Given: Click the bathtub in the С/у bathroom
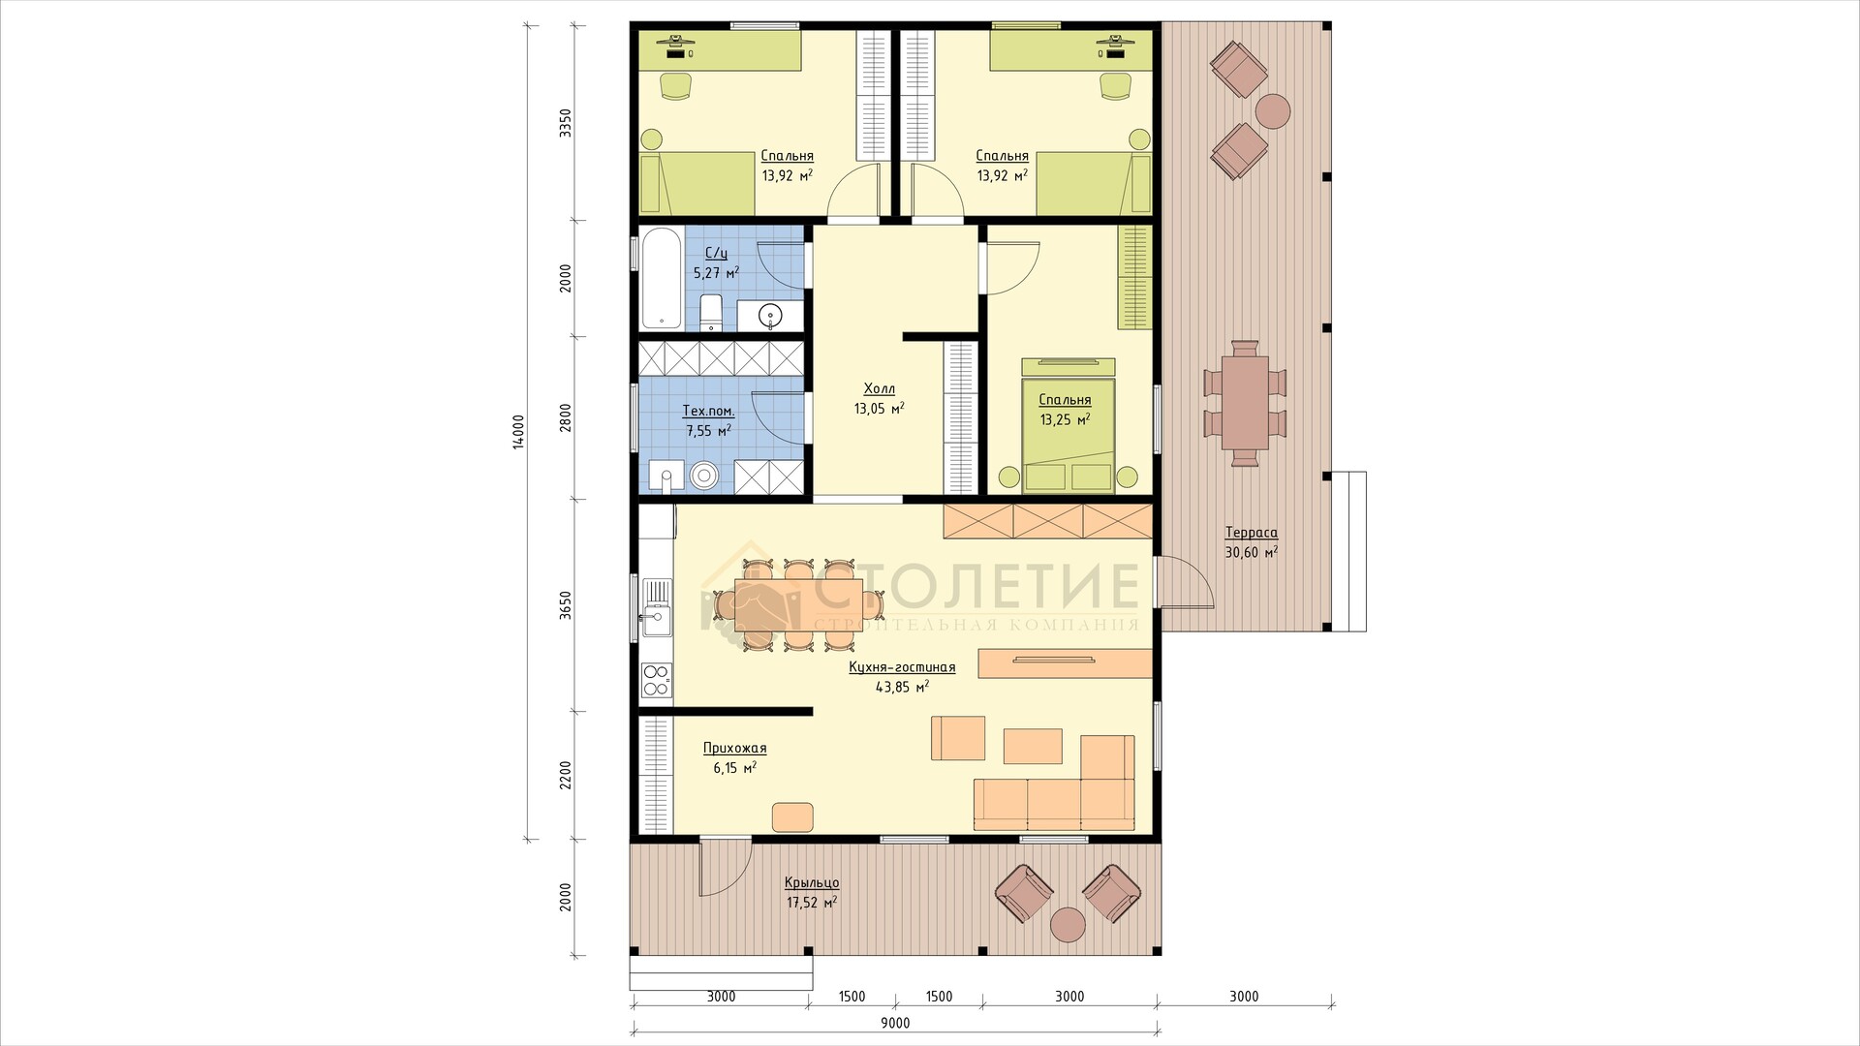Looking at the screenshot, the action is (662, 279).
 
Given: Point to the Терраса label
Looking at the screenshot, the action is (1251, 533).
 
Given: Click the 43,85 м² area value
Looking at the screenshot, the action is (902, 687).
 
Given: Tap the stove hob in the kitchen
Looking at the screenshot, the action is (657, 679).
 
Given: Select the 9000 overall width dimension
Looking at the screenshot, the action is (895, 1023).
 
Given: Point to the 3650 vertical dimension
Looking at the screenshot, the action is (567, 605).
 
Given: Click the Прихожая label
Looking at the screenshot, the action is (734, 749).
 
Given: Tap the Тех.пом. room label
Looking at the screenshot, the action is (708, 412).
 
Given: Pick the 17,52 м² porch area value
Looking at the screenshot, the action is (812, 903).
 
